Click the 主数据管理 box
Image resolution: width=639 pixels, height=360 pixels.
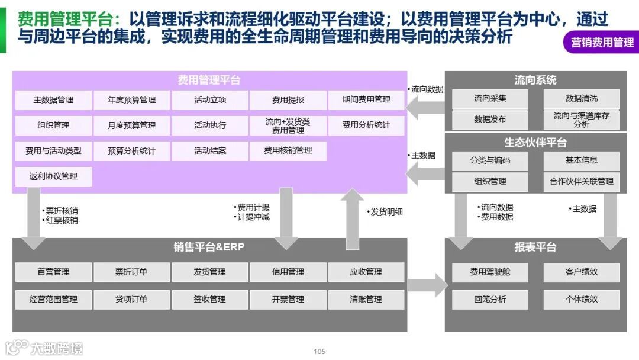[x=53, y=100]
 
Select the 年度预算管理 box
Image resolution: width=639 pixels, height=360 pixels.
[x=131, y=100]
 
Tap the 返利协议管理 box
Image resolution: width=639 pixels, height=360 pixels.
[x=53, y=176]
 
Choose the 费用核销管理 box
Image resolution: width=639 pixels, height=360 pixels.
[x=288, y=151]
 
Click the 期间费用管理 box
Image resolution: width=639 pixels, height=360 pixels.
[x=366, y=100]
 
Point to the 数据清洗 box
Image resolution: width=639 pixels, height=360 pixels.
[x=581, y=99]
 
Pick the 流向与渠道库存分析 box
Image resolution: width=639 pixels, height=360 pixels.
[x=581, y=120]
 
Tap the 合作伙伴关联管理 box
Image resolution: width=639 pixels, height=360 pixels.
[x=581, y=182]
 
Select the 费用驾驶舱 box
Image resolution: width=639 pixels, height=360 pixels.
[x=490, y=272]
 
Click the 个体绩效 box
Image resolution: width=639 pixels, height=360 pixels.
[x=581, y=300]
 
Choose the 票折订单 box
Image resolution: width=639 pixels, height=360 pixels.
[x=131, y=272]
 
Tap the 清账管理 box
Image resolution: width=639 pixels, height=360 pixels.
[x=366, y=300]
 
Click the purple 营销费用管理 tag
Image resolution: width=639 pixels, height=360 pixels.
[x=602, y=43]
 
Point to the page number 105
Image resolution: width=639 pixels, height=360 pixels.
[x=319, y=352]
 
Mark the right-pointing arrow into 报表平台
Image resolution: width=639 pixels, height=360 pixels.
[x=427, y=285]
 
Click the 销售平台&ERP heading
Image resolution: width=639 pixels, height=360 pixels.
[x=209, y=247]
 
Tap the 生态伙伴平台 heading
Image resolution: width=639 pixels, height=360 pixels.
[x=535, y=143]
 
